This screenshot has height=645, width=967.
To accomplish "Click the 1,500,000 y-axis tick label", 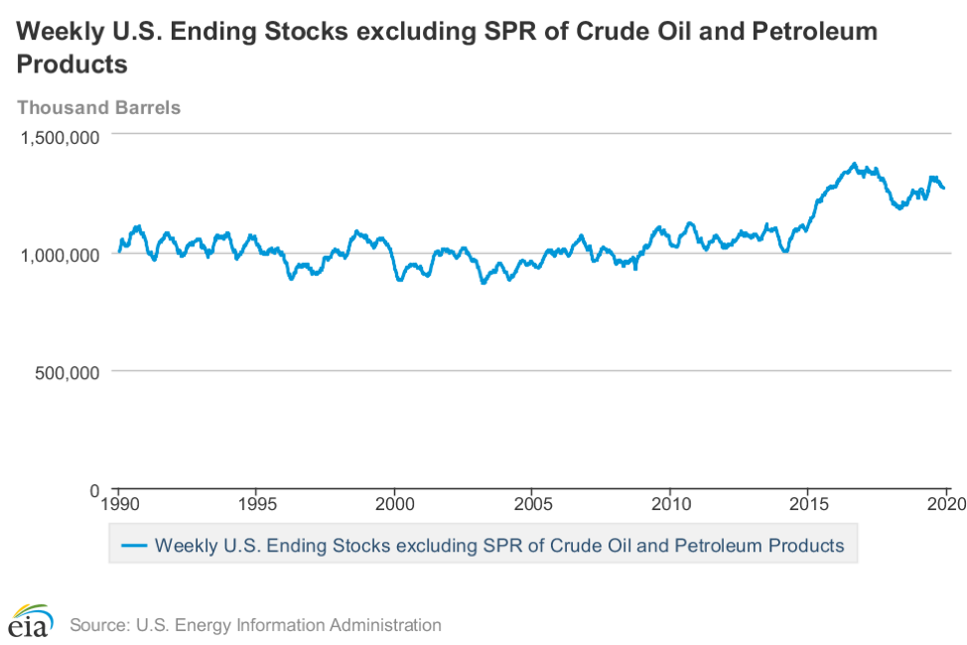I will (60, 137).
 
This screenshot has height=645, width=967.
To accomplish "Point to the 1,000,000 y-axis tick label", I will (60, 255).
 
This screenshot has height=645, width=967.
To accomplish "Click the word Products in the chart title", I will (72, 65).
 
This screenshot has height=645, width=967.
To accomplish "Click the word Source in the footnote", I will (96, 625).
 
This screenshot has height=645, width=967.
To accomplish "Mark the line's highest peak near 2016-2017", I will (854, 164).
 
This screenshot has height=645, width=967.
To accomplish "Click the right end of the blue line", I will (944, 189).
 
